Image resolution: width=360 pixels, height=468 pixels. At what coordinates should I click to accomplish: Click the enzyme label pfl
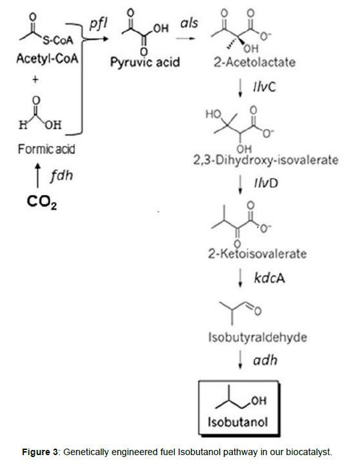pos(98,24)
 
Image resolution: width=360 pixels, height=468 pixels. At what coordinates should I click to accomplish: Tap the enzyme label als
pos(189,23)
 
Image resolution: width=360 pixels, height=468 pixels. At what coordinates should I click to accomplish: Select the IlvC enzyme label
pos(265,87)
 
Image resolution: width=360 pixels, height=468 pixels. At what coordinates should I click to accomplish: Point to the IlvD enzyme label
pos(266,183)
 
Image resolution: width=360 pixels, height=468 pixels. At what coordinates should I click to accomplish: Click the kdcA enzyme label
pos(269,278)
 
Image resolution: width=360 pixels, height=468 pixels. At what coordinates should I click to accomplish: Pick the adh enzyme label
pos(265,360)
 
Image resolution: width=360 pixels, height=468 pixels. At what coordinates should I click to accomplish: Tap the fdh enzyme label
pos(61,176)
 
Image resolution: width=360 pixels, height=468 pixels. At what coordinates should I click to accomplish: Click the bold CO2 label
pos(42,202)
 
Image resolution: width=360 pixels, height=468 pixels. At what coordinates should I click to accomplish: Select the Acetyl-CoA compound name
pos(47,59)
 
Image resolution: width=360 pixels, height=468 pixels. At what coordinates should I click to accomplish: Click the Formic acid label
pos(46,149)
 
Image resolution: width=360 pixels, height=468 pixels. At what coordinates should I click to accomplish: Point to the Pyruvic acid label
pos(145,63)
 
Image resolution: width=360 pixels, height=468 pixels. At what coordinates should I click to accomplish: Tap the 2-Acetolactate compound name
pos(254,62)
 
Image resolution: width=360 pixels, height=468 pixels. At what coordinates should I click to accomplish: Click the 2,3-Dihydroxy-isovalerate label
pos(266,160)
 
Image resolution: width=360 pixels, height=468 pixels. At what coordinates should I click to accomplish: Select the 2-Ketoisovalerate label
pos(257,254)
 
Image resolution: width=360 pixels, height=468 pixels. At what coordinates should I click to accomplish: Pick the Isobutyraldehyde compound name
pos(257,338)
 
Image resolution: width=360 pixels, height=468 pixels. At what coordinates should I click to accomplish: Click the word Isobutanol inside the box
pos(237,422)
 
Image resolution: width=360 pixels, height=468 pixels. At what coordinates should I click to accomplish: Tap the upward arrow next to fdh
pos(37,176)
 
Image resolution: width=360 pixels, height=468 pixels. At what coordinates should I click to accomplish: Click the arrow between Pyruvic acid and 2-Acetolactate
pos(185,38)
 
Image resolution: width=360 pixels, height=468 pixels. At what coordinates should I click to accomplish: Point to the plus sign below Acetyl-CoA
pos(35,79)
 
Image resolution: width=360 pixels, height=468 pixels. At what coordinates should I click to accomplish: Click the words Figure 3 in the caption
pos(40,452)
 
